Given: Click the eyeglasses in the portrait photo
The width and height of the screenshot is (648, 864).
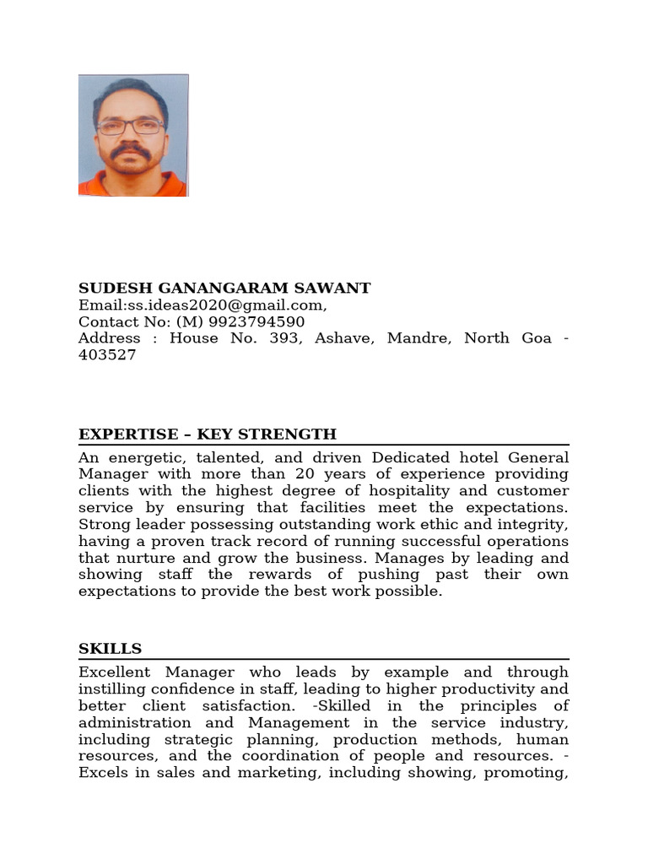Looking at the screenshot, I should coord(130,127).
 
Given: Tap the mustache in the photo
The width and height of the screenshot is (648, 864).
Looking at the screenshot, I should coord(131,153).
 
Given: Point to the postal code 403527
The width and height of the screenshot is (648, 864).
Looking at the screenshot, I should coord(107,355).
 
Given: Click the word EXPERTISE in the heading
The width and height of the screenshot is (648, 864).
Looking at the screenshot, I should coord(129,435).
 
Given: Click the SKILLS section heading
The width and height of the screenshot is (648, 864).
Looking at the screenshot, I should coord(110,649).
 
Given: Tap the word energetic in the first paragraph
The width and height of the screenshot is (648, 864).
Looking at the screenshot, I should coord(143,458).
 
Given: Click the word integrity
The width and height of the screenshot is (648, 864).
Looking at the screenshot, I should coord(537,525).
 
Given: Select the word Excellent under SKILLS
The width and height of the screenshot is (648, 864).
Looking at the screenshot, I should coord(114,672).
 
